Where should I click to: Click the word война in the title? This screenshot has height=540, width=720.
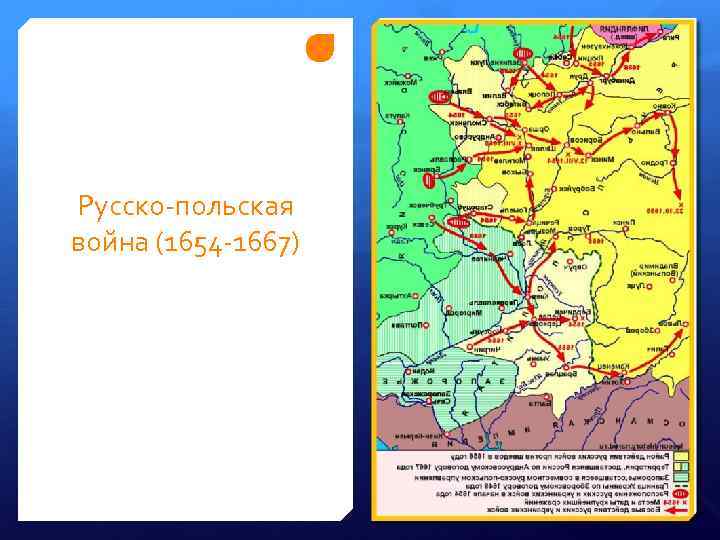106,242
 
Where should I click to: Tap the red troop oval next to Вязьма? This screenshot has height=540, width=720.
437,96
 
